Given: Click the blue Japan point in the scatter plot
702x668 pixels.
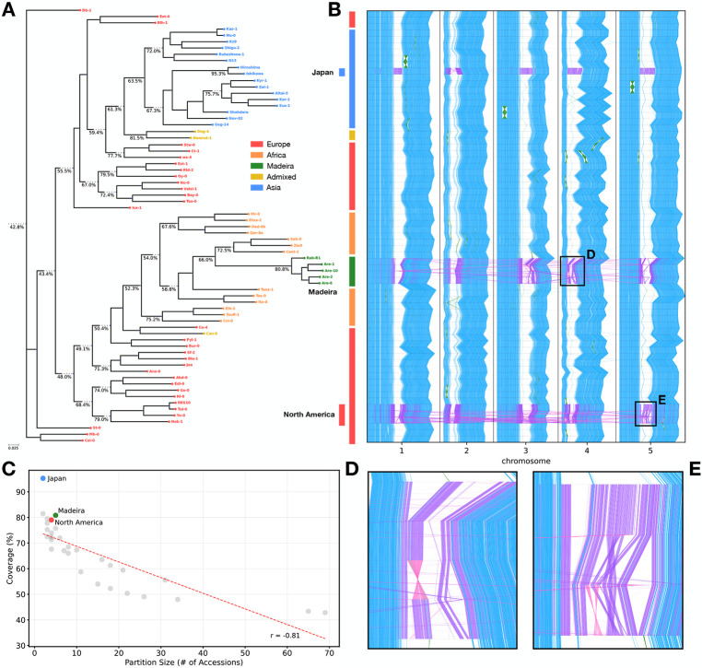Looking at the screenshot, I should click(43, 479).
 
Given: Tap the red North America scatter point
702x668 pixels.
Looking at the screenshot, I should click(52, 521).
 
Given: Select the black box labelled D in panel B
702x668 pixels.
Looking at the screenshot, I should click(571, 271).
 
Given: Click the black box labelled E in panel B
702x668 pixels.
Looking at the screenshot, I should click(645, 414).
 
